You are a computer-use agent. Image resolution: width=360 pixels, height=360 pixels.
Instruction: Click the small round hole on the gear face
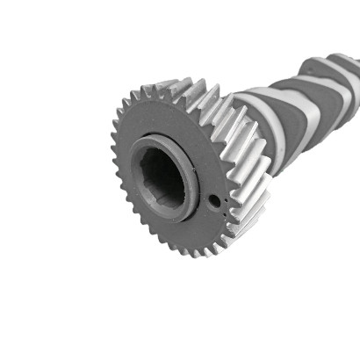[x=213, y=201]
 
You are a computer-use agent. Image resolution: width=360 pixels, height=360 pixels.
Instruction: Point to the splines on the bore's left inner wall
[x=142, y=176]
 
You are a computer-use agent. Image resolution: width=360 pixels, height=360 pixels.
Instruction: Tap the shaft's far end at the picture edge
[x=355, y=70]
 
